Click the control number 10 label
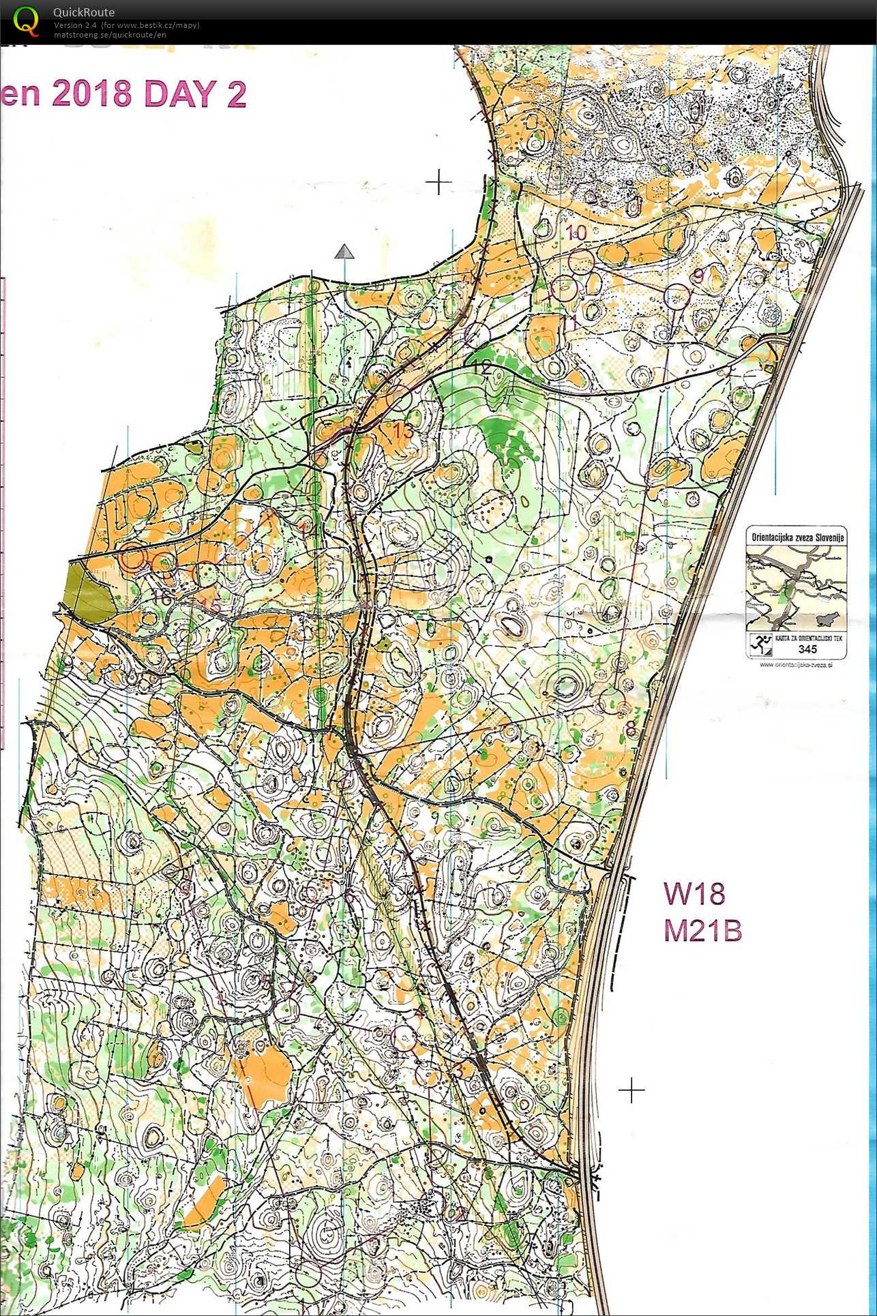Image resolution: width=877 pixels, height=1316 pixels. click(576, 233)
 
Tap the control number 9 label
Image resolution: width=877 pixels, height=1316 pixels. click(698, 275)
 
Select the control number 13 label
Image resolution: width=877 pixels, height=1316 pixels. click(402, 431)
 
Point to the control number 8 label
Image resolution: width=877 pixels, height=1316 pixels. click(631, 730)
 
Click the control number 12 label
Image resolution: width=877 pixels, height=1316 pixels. click(481, 368)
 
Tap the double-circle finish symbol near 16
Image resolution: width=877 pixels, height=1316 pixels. click(134, 558)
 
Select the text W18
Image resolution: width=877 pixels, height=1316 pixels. click(694, 893)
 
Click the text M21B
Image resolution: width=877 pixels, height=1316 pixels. click(702, 931)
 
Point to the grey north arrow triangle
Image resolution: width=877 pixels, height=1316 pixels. click(345, 253)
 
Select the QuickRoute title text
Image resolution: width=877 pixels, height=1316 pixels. click(84, 12)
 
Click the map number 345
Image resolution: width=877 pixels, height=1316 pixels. click(807, 649)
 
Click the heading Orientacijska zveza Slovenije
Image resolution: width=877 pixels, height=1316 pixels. click(797, 537)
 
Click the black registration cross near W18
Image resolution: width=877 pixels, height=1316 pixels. click(631, 1090)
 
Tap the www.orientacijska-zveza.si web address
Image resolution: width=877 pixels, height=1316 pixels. click(795, 664)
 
